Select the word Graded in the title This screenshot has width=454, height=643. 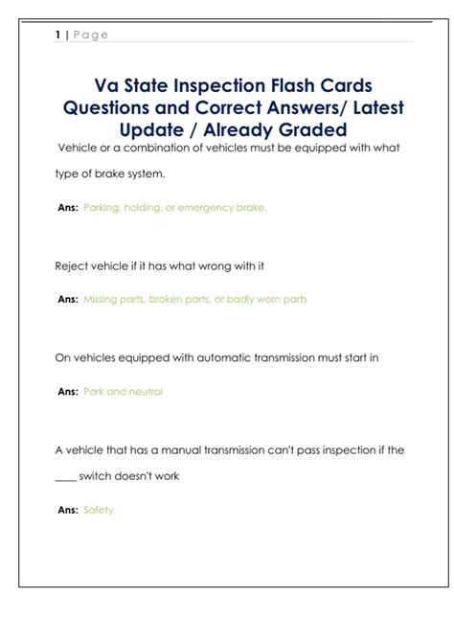(314, 129)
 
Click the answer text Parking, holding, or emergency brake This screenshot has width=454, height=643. (175, 207)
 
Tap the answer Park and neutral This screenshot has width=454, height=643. (124, 391)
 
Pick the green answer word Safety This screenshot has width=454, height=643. (99, 510)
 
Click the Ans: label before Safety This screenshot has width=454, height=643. (68, 510)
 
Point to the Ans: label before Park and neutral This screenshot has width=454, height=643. (68, 391)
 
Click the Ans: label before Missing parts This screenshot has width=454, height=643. (68, 299)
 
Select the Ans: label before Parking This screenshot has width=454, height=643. (68, 207)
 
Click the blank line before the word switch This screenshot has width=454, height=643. (64, 477)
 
